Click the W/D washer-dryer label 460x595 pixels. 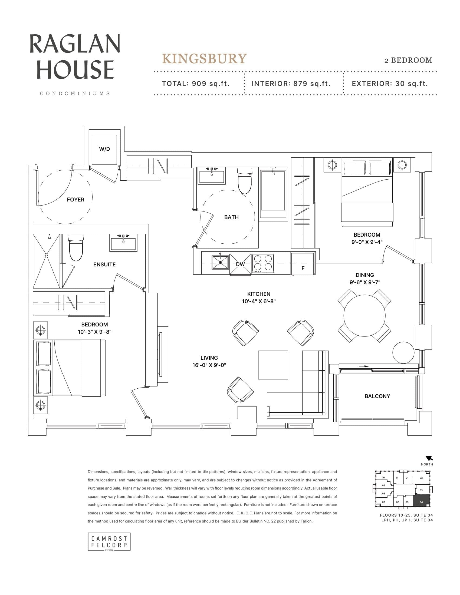pyautogui.click(x=104, y=149)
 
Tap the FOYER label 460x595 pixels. pyautogui.click(x=75, y=200)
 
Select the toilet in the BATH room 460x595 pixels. pyautogui.click(x=245, y=181)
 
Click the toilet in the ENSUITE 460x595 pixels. pyautogui.click(x=75, y=247)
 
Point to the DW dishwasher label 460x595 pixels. pyautogui.click(x=240, y=264)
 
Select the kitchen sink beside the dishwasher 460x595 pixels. pyautogui.click(x=220, y=262)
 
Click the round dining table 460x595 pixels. pyautogui.click(x=364, y=315)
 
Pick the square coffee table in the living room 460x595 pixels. pyautogui.click(x=273, y=365)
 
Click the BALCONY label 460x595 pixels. pyautogui.click(x=377, y=396)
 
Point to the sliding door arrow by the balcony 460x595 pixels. pyautogui.click(x=363, y=366)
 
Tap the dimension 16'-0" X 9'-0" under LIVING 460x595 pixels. pyautogui.click(x=209, y=365)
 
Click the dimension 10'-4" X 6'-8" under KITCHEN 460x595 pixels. pyautogui.click(x=259, y=301)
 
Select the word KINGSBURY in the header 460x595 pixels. pyautogui.click(x=204, y=59)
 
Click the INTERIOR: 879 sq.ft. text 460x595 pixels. pyautogui.click(x=291, y=84)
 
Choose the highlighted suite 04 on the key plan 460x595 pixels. pyautogui.click(x=421, y=501)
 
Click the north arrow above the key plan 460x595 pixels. pyautogui.click(x=429, y=458)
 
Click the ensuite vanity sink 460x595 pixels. pyautogui.click(x=123, y=243)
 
